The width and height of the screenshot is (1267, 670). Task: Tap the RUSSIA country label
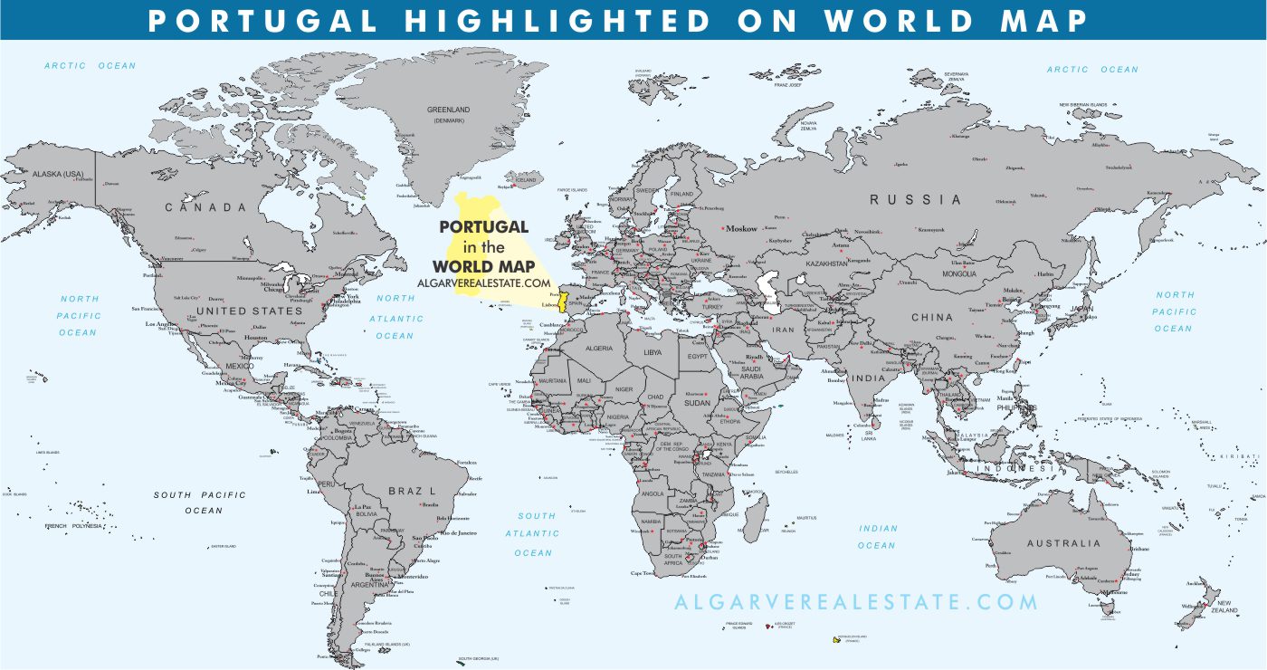click(915, 199)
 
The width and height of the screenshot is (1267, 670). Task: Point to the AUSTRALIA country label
click(1063, 543)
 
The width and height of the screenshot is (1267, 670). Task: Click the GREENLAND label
click(448, 110)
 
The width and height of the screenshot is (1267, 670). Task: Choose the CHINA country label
click(932, 317)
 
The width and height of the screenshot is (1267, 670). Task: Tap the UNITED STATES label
click(249, 311)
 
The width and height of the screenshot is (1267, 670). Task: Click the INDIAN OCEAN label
click(877, 537)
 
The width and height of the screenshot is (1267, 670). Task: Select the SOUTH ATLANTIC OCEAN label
click(534, 534)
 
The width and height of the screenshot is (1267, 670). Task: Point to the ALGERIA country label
click(598, 349)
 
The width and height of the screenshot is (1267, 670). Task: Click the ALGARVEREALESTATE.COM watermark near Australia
click(856, 602)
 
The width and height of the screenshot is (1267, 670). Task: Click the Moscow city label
click(742, 228)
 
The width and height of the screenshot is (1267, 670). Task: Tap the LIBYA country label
click(653, 352)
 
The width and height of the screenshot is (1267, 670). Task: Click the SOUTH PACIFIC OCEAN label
click(199, 502)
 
